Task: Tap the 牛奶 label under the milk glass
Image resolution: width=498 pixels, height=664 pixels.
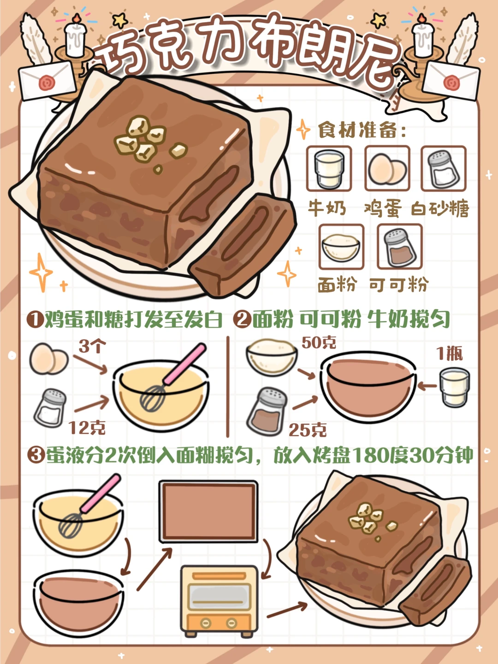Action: tap(327, 208)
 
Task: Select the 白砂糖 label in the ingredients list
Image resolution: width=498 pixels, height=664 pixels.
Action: tap(440, 209)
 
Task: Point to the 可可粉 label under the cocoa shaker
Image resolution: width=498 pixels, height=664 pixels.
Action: tap(399, 285)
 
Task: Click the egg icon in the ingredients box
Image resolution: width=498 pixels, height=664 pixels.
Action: tap(387, 169)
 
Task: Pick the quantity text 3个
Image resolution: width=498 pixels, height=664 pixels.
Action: tap(92, 346)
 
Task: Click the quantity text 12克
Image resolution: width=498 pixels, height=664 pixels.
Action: tap(87, 427)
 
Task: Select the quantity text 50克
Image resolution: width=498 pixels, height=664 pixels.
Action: tap(319, 343)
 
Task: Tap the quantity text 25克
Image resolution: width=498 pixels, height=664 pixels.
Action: tap(308, 430)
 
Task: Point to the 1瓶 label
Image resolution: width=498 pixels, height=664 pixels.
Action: tap(450, 354)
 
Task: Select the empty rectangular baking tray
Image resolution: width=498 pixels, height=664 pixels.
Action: tap(208, 511)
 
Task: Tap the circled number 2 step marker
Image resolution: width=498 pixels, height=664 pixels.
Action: tap(242, 319)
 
